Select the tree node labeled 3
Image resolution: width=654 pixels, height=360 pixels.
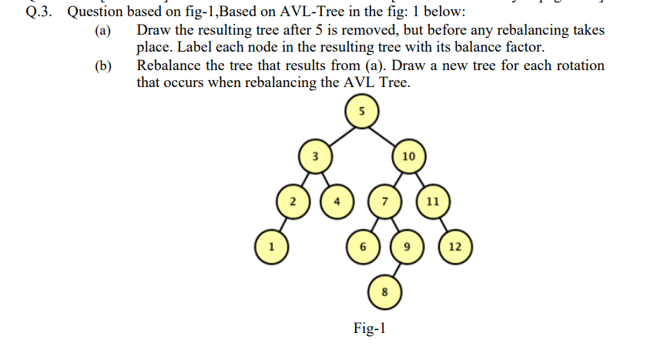coord(314,156)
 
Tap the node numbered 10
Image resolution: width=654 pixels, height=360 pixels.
coord(408,156)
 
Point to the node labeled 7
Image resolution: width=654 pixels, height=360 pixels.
coord(384,201)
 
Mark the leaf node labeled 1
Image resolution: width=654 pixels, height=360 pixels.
coord(270,247)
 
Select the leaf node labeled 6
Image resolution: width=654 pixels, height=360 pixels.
coord(361,247)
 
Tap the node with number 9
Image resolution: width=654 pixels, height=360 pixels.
coord(407,247)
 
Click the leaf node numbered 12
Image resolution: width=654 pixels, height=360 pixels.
coord(454,247)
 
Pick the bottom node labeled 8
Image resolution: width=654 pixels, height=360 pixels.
coord(384,291)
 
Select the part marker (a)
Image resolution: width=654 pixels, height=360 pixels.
coord(102,31)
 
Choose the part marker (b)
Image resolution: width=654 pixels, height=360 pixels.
coord(102,66)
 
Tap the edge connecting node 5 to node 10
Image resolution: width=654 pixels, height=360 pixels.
coord(384,134)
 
